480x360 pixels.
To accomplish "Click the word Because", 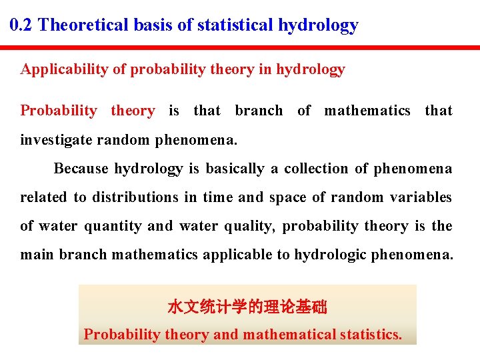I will click(x=82, y=169).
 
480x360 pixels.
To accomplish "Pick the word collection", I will click(x=315, y=169).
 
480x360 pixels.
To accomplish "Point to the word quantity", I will click(x=113, y=226).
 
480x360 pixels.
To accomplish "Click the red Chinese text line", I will click(x=247, y=307).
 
